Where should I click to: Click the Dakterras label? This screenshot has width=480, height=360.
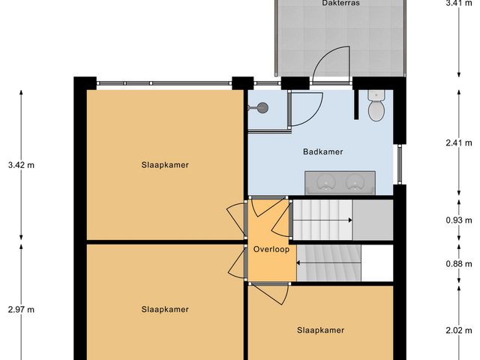tap(319, 4)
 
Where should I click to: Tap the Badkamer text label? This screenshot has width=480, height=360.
tap(323, 151)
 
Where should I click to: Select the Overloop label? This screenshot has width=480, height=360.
tap(271, 249)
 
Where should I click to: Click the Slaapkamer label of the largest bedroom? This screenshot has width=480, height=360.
tap(164, 165)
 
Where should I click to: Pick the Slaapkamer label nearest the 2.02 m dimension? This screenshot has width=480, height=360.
tap(320, 330)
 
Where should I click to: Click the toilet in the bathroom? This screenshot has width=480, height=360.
tap(376, 105)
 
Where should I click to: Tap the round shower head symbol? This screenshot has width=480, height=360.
tap(262, 108)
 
